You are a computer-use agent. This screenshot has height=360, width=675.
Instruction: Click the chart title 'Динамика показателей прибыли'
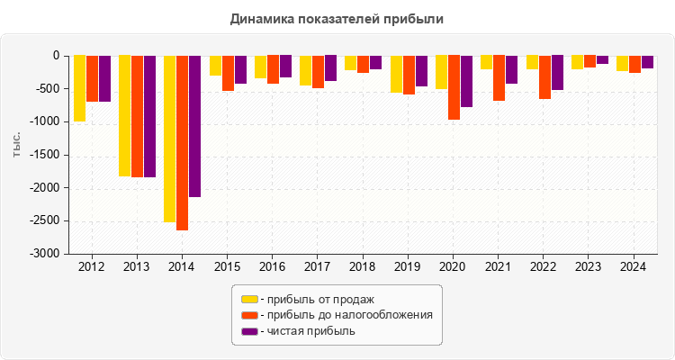(x=337, y=18)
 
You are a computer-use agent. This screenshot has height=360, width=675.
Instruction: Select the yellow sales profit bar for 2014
(x=169, y=139)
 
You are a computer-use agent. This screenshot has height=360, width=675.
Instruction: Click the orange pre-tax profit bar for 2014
(x=182, y=143)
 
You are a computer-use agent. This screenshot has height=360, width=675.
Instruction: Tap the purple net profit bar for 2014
(x=194, y=126)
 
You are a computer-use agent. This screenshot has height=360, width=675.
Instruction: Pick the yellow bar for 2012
(x=79, y=88)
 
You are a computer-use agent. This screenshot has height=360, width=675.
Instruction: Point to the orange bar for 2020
(x=454, y=87)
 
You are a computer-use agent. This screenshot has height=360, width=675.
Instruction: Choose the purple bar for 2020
(x=466, y=81)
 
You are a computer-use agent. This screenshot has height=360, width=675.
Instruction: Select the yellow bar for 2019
(x=396, y=74)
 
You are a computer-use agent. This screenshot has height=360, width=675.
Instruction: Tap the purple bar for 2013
(x=149, y=116)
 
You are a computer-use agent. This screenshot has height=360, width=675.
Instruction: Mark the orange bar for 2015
(x=228, y=73)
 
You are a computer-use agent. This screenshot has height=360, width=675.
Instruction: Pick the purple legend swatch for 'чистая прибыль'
(x=249, y=331)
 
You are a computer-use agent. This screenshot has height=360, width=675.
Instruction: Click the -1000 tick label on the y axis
(x=45, y=122)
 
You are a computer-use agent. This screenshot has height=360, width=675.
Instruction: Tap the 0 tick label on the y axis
(x=56, y=56)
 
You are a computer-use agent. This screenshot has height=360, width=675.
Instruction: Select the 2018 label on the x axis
(x=362, y=267)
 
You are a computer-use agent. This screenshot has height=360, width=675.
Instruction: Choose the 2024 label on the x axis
(x=633, y=267)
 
